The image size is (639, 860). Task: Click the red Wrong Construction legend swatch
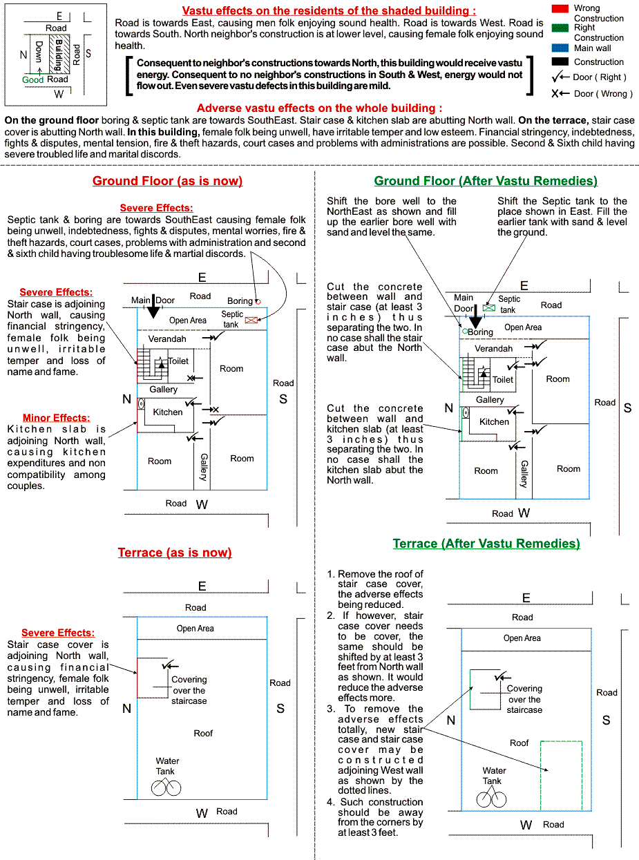(x=562, y=8)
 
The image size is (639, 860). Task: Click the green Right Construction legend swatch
(x=562, y=28)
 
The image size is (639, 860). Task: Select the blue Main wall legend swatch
(x=562, y=48)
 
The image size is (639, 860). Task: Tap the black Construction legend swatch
(x=562, y=61)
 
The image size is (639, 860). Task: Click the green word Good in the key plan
(x=32, y=80)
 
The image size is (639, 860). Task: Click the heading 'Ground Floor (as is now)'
(x=167, y=181)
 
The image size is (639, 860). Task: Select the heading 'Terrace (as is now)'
(x=175, y=553)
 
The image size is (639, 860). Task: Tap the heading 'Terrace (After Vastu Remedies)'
(x=486, y=544)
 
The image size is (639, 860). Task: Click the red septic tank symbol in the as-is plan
(x=251, y=320)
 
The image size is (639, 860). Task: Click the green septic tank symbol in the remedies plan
(x=489, y=307)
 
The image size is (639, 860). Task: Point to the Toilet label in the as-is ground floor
(x=178, y=361)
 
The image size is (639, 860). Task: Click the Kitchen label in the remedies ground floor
(x=494, y=421)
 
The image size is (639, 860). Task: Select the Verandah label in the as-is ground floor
(x=167, y=339)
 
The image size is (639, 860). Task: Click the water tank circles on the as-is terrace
(x=166, y=787)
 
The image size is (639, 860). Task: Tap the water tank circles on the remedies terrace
(x=492, y=799)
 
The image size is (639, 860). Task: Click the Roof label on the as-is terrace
(x=203, y=733)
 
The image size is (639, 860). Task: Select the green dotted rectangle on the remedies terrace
(x=561, y=775)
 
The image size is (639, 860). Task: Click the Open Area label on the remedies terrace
(x=522, y=638)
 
